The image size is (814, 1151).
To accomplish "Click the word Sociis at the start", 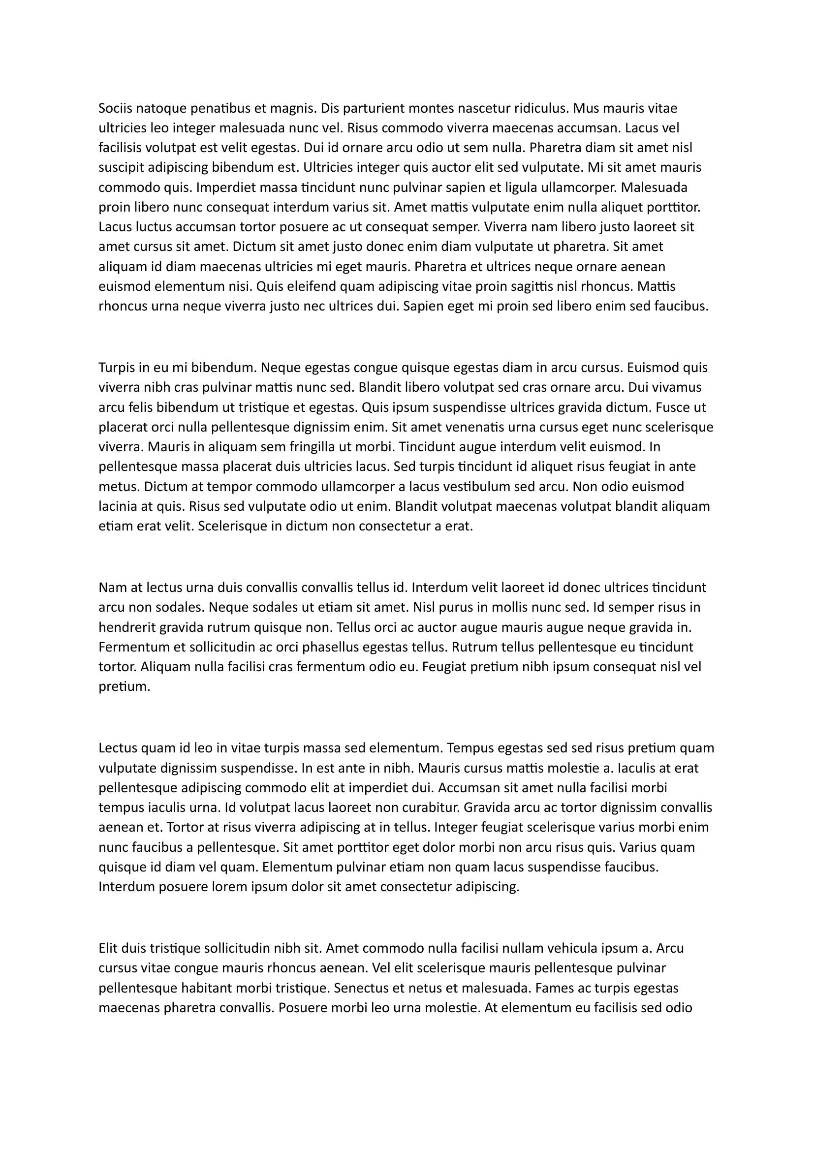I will [115, 108].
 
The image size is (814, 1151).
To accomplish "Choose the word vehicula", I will [573, 948].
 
